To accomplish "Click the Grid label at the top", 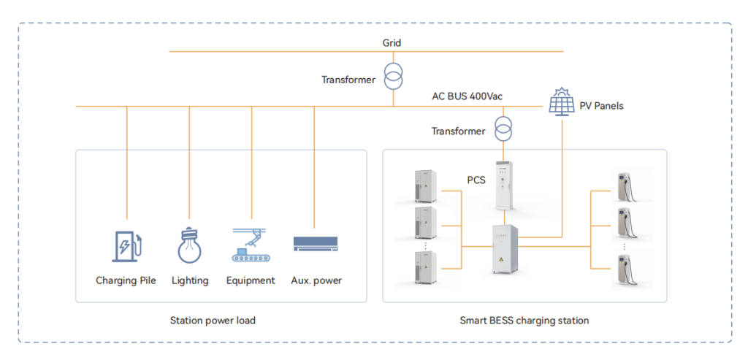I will coord(392,43).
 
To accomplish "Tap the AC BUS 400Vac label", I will coord(467,96).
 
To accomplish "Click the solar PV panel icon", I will coord(562,102).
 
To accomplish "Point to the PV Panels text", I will coord(602,106).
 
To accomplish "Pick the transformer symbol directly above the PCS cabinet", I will coord(503,127).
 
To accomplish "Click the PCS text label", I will coord(476,180).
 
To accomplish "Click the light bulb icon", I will coord(190,245).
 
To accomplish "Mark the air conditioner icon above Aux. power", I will coord(315,244).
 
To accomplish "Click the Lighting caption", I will coord(190,280).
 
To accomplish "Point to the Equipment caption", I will coord(251,280).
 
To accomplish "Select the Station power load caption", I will coord(213,321).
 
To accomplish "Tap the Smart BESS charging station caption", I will coord(524,321).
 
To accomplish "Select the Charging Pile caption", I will coord(126,280).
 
